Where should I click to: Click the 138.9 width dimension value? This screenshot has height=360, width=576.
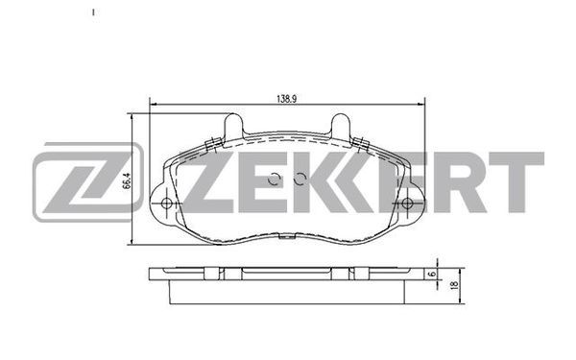pos(286,99)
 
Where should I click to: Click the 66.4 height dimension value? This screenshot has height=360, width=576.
pos(127,181)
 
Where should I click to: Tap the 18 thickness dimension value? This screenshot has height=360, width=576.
pos(454,285)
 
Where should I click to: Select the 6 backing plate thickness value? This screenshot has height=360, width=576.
pos(432,274)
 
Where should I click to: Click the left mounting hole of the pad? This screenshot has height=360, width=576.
pos(166,204)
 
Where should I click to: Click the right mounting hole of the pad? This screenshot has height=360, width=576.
pos(407,204)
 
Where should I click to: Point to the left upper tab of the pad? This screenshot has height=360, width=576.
pos(233,126)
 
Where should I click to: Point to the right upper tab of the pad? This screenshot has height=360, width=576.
pos(341,126)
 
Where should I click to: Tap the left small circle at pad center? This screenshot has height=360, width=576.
pos(274,179)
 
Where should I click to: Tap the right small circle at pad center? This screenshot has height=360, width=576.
pos(300,179)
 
